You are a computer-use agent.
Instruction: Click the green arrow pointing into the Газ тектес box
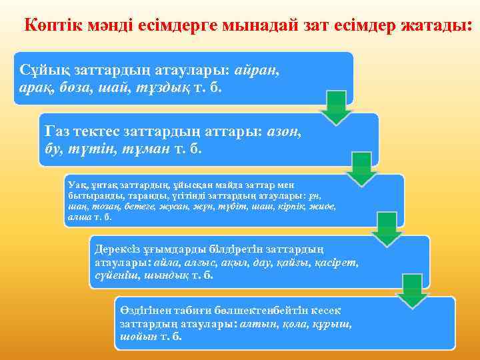pos(335,108)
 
